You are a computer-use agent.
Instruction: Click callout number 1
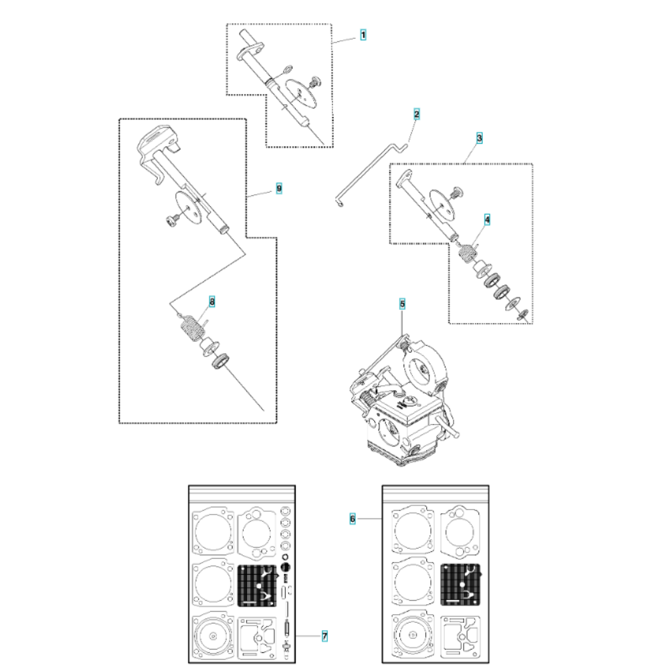(x=363, y=35)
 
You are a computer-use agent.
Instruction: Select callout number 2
(x=416, y=114)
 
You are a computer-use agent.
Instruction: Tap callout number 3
(x=479, y=138)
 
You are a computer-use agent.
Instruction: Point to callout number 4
(x=487, y=219)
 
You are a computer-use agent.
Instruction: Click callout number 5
(x=402, y=304)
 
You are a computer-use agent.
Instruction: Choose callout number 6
(x=353, y=519)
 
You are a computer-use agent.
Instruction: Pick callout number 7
(x=324, y=636)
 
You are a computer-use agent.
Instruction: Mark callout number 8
(x=211, y=302)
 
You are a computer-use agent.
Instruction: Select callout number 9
(x=279, y=188)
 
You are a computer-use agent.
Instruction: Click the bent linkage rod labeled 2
(x=371, y=175)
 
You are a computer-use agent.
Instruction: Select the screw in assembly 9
(x=172, y=221)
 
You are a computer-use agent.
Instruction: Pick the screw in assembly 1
(x=316, y=81)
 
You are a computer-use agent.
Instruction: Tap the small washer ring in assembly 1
(x=288, y=68)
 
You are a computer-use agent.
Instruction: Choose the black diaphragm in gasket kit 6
(x=461, y=585)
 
